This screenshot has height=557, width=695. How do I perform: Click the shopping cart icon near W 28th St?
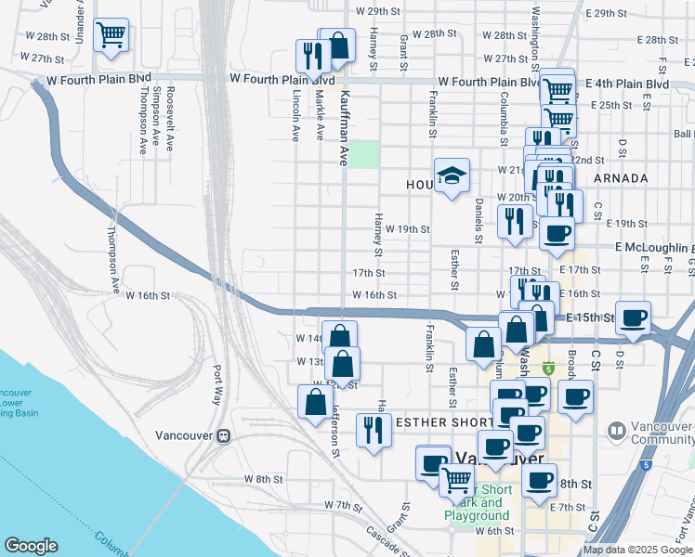pos(111,35)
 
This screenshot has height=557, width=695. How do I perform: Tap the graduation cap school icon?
pos(452,175)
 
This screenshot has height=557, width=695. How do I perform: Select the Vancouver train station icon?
pos(223,436)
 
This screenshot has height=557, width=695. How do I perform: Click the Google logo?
pos(31,546)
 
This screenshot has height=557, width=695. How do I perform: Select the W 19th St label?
pos(408,228)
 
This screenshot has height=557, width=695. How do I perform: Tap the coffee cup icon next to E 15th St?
pos(635,318)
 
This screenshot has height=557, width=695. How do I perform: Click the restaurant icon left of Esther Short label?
pos(374,430)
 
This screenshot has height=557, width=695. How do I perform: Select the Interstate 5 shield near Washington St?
pos(548,369)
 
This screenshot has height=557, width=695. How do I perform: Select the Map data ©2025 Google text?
pos(637,550)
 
